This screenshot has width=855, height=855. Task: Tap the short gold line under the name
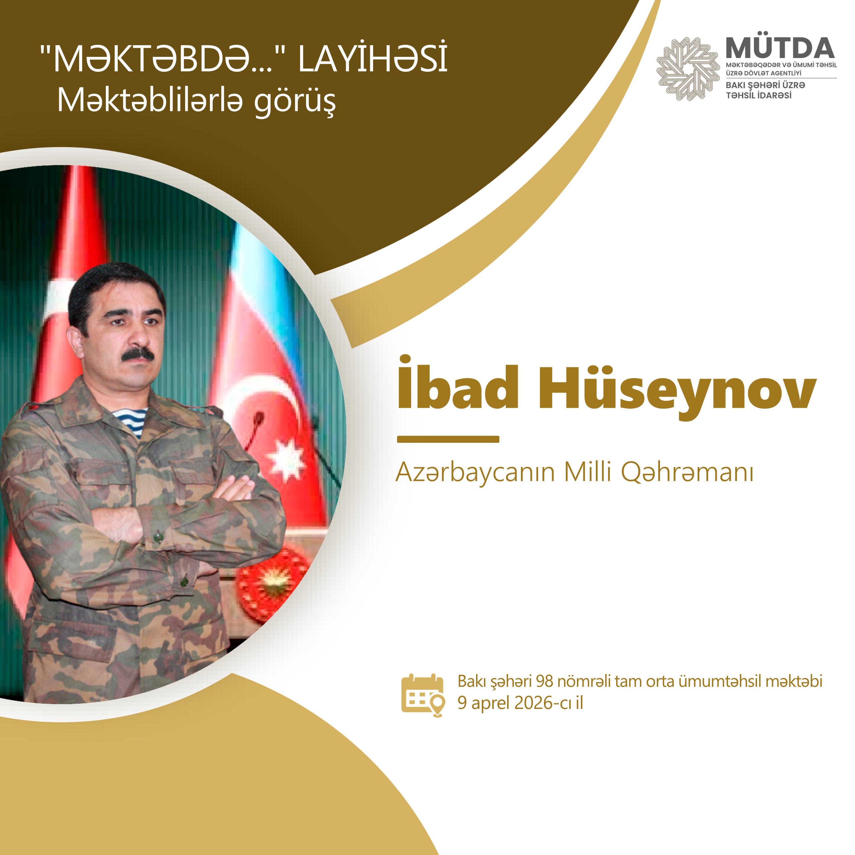448,439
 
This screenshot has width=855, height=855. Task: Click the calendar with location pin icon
423,695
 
